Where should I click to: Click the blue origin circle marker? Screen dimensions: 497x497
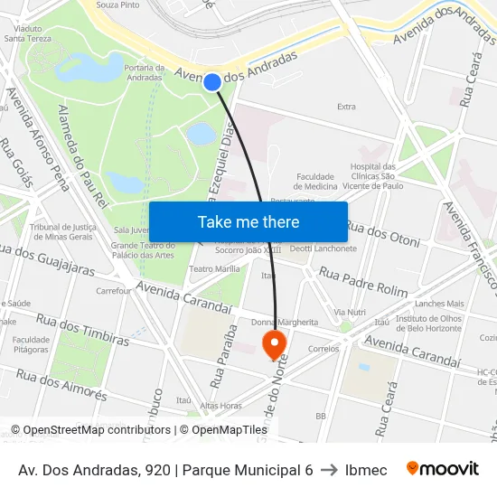point(212,82)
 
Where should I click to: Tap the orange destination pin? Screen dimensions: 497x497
point(273,343)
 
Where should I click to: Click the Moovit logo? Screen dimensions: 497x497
point(442,469)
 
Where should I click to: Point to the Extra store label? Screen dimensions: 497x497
point(346,107)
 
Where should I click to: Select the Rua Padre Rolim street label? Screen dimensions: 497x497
point(363,282)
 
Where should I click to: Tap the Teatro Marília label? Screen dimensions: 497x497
point(214,269)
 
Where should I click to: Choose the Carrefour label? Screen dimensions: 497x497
point(114,291)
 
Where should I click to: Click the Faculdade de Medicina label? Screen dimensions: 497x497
point(316,181)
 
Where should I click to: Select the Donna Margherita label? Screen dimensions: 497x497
point(285,322)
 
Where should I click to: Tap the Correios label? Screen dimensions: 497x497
point(324,348)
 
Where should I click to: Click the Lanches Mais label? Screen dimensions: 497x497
point(439,304)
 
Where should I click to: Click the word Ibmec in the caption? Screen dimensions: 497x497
point(366,470)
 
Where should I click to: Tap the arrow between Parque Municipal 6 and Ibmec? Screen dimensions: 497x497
point(330,470)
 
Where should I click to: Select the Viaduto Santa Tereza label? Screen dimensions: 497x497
point(27,33)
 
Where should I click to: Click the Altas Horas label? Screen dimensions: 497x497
point(220,406)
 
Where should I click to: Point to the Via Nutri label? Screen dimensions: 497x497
point(350,312)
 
